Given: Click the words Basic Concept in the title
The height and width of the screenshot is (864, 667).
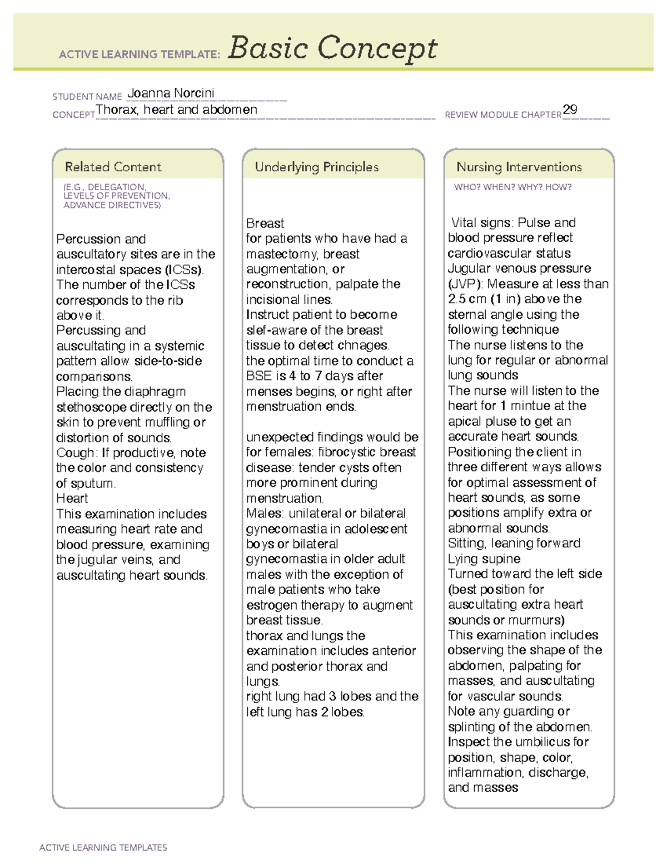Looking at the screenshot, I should pyautogui.click(x=332, y=49).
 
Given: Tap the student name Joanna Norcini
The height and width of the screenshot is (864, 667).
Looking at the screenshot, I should pyautogui.click(x=171, y=93).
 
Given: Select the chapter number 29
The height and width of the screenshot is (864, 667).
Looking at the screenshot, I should pyautogui.click(x=570, y=110).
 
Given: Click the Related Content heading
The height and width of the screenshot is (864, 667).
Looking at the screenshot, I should pyautogui.click(x=113, y=167).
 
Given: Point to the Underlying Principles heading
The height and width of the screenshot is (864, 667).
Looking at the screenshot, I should pyautogui.click(x=316, y=167).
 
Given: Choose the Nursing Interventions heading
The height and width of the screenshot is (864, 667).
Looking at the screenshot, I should pyautogui.click(x=519, y=167).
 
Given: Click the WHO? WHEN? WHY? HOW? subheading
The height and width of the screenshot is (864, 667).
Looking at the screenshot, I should pyautogui.click(x=512, y=187).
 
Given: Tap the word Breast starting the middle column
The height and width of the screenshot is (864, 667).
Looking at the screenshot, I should pyautogui.click(x=265, y=224).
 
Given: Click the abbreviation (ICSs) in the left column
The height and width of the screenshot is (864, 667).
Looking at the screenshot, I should pyautogui.click(x=184, y=270).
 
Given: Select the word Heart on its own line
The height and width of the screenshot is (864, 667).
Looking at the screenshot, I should pyautogui.click(x=72, y=498).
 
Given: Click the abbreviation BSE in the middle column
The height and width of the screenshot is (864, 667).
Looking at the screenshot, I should pyautogui.click(x=258, y=376).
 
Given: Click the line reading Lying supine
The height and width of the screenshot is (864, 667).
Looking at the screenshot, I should pyautogui.click(x=484, y=559).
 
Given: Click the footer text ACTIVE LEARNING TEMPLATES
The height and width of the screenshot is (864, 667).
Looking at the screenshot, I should pyautogui.click(x=103, y=847).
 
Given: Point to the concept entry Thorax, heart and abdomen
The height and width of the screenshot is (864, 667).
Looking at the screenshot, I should pyautogui.click(x=176, y=110).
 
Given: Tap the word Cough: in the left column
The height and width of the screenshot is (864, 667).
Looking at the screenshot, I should pyautogui.click(x=77, y=453).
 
